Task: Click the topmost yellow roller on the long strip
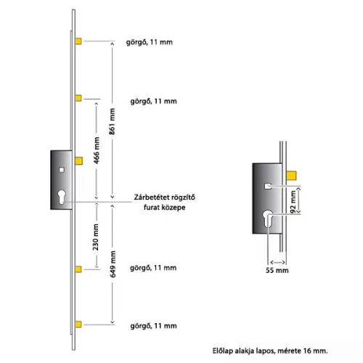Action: (78, 41)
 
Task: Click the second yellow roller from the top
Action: (78, 98)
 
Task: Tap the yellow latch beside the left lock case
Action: (79, 160)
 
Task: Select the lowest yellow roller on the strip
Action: (78, 325)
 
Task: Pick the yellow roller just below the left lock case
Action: (78, 269)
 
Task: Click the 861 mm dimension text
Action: (112, 121)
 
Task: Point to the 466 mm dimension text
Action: (97, 150)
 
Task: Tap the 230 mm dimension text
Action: (96, 237)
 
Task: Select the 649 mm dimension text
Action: (113, 264)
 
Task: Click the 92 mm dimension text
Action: (293, 202)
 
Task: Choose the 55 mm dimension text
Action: (277, 270)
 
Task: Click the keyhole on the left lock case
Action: (62, 197)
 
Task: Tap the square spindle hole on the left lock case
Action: (62, 170)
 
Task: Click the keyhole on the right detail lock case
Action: (268, 219)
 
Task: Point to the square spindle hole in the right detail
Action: (268, 186)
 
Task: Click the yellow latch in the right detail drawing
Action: (291, 176)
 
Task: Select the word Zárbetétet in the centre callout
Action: (150, 197)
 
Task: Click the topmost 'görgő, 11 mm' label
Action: (150, 42)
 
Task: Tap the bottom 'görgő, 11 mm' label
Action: (154, 326)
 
